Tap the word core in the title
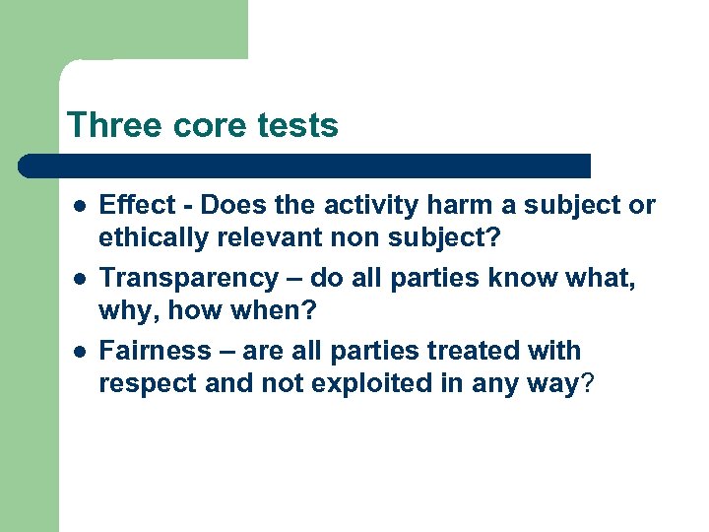[205, 126]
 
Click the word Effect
[137, 206]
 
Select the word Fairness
[156, 352]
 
